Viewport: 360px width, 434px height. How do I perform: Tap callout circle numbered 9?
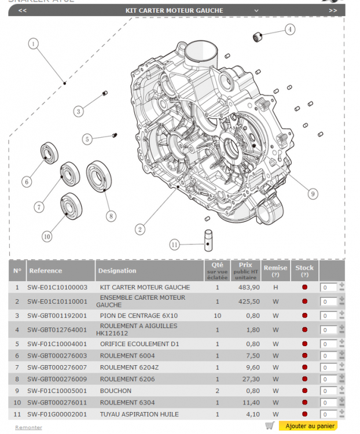click(313, 194)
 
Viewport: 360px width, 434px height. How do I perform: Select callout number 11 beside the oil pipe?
click(174, 245)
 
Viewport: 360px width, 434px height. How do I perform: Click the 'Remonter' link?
click(28, 428)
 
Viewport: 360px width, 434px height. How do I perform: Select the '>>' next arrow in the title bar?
click(333, 10)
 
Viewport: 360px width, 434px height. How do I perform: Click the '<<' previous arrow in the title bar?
click(22, 10)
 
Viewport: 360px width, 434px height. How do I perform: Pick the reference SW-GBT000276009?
click(57, 379)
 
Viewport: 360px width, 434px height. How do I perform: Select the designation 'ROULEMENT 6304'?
click(124, 402)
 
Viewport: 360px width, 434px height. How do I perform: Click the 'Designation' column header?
click(117, 270)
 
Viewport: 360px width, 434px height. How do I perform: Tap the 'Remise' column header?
click(275, 268)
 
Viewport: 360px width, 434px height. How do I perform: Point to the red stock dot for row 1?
click(304, 288)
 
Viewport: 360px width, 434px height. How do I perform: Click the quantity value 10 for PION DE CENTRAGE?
click(217, 315)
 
